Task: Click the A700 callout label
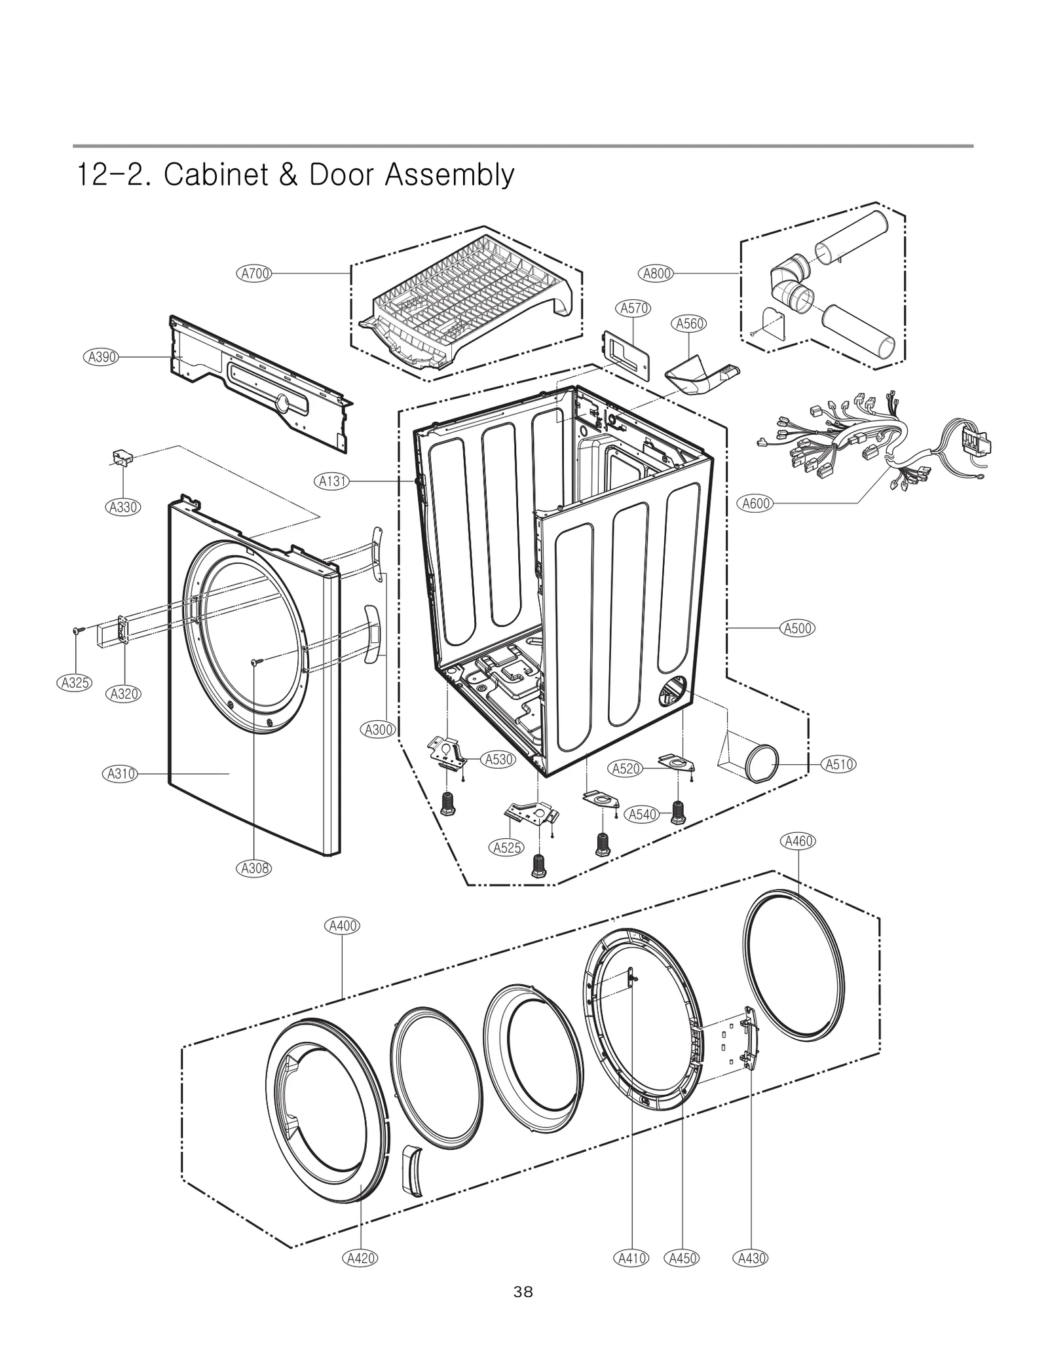pos(254,274)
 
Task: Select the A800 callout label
pos(657,274)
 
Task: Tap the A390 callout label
pos(101,357)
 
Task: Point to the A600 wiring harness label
pos(756,504)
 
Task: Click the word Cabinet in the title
pos(215,175)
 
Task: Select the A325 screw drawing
pos(77,631)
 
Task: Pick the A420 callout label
pos(360,1258)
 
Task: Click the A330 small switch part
pos(120,457)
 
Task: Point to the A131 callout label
pos(331,482)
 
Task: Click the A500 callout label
pos(798,629)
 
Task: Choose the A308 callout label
pos(253,868)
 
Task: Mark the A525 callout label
pos(506,848)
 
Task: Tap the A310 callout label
pos(121,774)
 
